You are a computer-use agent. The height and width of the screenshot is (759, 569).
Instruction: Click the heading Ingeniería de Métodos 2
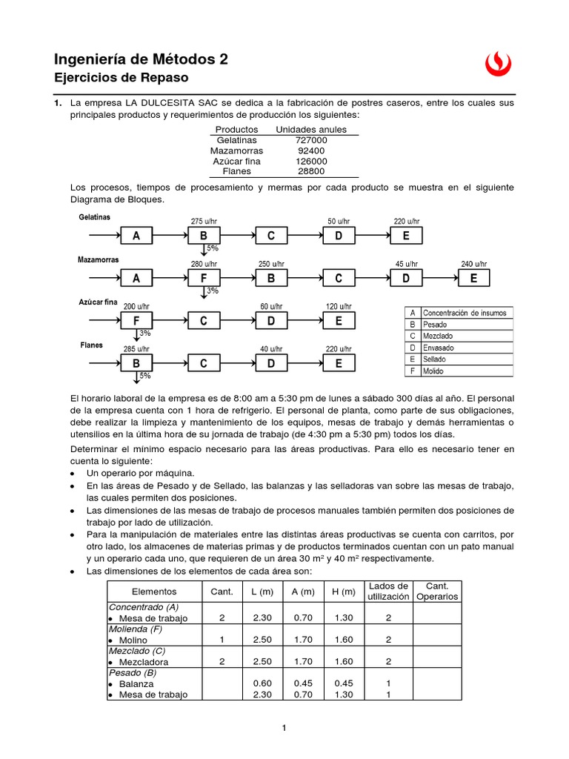[142, 59]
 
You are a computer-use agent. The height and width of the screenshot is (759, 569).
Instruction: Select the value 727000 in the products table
[311, 140]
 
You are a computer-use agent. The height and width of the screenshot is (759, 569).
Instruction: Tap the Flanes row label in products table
[236, 171]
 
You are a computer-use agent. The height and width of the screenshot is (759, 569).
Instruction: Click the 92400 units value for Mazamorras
[311, 150]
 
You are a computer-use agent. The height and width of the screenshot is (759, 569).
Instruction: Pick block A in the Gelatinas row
[136, 236]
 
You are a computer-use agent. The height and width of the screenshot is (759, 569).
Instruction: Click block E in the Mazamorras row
[474, 279]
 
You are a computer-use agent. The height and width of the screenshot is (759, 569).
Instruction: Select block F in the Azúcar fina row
[136, 321]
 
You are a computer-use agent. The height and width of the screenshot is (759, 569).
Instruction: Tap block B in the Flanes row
[136, 363]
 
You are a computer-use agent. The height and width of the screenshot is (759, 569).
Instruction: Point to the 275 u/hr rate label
[204, 221]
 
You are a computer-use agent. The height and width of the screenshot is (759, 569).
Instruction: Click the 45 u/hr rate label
[406, 264]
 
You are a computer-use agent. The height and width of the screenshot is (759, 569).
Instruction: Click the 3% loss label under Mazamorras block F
[213, 291]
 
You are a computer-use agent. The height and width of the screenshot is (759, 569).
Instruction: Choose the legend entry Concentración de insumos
[465, 313]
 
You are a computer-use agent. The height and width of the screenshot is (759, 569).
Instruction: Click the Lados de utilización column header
[387, 591]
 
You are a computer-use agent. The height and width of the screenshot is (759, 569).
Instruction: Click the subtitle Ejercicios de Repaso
[122, 78]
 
